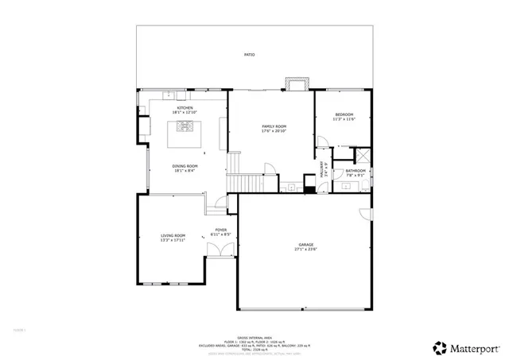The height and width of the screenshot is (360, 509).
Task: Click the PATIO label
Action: point(250,55)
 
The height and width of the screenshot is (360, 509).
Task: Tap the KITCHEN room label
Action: point(185,107)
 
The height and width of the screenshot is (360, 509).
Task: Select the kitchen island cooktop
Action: point(185,126)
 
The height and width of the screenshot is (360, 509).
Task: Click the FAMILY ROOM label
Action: point(274,126)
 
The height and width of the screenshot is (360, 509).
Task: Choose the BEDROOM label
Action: point(344,115)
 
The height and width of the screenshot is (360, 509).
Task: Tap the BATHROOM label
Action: point(356,170)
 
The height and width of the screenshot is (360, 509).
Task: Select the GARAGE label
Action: point(306,244)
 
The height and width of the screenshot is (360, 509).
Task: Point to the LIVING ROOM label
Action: point(173,235)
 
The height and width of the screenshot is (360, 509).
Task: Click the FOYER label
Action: point(220,230)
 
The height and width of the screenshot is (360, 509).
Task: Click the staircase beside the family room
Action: point(234,171)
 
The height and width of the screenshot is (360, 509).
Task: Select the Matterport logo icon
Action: point(438,347)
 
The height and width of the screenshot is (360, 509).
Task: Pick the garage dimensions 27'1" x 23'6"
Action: point(306,250)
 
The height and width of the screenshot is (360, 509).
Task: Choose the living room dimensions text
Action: point(173,240)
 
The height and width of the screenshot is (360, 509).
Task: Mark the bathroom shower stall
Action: point(363,157)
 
